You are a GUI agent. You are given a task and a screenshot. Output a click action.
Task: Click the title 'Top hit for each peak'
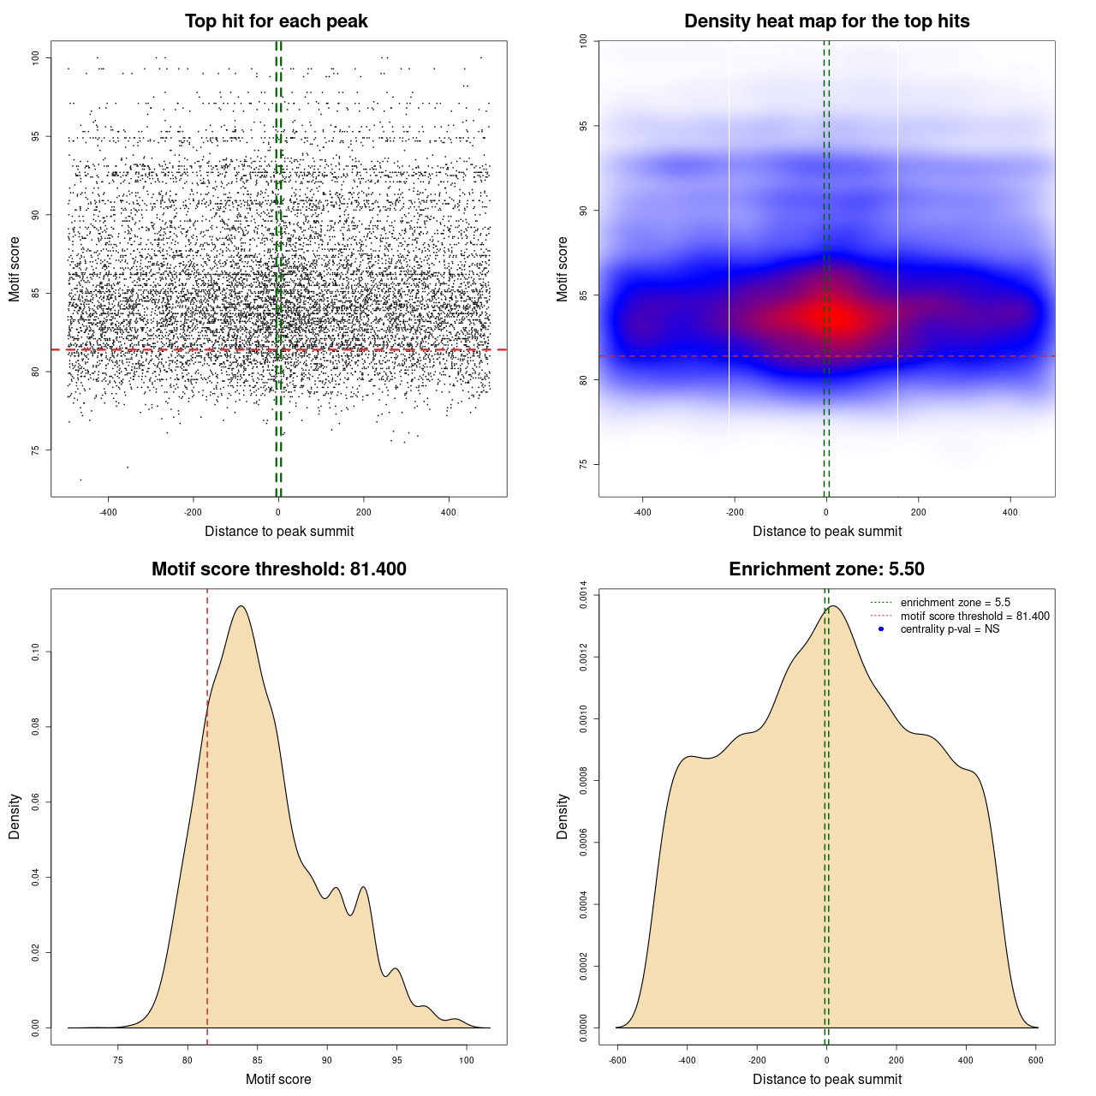[x=276, y=21]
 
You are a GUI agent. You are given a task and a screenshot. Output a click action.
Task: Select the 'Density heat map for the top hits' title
[x=826, y=21]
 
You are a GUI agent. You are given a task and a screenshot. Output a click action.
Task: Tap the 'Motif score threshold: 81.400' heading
[x=278, y=569]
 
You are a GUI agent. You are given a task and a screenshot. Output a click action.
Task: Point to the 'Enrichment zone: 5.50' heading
[x=826, y=569]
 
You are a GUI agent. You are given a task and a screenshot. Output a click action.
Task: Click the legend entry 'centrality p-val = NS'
[x=950, y=629]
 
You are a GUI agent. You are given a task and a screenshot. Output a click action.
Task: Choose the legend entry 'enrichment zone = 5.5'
[x=955, y=603]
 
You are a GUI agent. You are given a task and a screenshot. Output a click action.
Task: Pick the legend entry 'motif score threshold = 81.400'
[x=974, y=616]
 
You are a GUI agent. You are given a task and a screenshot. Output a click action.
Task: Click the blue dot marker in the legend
[x=881, y=629]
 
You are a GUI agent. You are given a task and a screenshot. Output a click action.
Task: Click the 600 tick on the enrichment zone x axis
[x=1036, y=1060]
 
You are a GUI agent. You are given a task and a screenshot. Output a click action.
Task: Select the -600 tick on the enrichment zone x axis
[x=617, y=1060]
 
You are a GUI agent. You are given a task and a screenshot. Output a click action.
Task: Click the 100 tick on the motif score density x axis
[x=466, y=1060]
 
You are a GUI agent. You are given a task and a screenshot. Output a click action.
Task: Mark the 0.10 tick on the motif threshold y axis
[x=35, y=652]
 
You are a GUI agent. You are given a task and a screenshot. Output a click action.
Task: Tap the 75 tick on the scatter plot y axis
[x=35, y=450]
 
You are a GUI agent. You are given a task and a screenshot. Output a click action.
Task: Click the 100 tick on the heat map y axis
[x=583, y=40]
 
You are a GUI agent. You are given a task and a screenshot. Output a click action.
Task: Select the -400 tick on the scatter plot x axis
[x=108, y=512]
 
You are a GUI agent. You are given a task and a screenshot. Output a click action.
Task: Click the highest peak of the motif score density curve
[x=241, y=606]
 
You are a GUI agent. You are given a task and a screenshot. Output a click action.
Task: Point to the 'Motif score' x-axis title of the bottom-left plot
[x=278, y=1079]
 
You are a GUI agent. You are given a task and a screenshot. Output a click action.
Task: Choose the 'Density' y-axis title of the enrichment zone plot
[x=563, y=816]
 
